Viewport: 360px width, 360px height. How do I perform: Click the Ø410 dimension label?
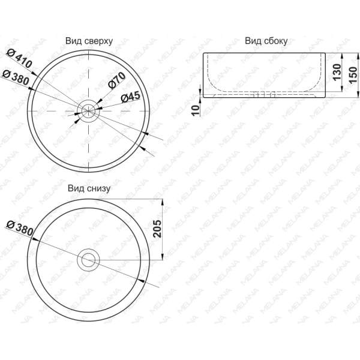19,59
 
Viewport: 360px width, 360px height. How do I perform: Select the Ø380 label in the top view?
16,77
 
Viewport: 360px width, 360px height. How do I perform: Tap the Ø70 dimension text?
117,80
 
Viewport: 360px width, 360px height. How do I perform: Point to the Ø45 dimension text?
130,97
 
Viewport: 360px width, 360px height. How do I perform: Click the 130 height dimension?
337,72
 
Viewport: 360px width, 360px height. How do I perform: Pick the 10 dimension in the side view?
196,110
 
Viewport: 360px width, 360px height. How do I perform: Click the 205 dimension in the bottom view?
157,229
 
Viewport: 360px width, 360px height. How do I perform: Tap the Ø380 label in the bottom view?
20,228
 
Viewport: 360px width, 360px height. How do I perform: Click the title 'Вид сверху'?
89,41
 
